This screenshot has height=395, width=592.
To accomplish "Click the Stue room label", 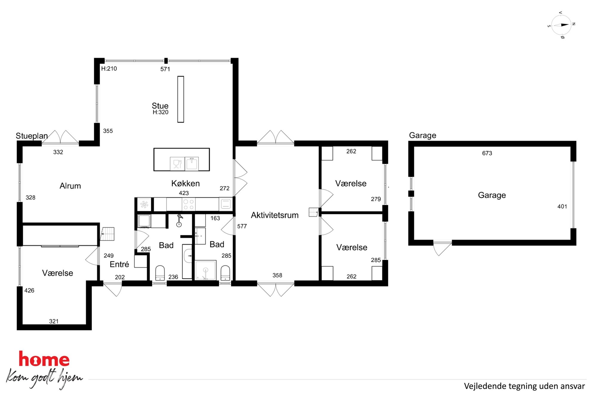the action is click(x=160, y=106).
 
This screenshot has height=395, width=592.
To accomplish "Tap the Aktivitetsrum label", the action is click(x=275, y=215).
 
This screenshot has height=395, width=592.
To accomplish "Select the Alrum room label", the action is click(x=70, y=186).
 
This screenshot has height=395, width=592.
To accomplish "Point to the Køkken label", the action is click(x=185, y=183).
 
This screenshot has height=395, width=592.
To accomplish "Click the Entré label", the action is click(x=119, y=264).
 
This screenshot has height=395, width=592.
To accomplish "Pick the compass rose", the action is click(x=561, y=25).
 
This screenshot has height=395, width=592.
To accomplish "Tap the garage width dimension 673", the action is click(x=487, y=153).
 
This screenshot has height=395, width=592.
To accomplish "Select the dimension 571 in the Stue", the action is click(x=165, y=69).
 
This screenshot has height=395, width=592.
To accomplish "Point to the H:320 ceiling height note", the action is click(x=161, y=112).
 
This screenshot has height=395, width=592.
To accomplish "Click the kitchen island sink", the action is click(x=192, y=164).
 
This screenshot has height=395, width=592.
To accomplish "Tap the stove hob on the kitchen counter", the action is click(x=189, y=204).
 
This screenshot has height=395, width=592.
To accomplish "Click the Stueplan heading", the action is click(x=32, y=136).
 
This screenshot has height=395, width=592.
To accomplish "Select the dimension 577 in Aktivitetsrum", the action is click(x=242, y=226).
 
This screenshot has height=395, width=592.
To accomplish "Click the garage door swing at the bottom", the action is click(x=442, y=248).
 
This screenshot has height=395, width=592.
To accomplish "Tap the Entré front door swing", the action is click(x=113, y=289).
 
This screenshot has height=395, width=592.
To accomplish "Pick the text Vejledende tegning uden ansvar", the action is click(x=524, y=386).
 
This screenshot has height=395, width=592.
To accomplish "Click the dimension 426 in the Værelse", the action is click(x=29, y=291).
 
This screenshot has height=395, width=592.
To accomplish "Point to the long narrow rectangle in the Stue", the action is click(x=181, y=99).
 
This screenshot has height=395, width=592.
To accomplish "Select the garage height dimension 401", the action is click(x=562, y=206).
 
